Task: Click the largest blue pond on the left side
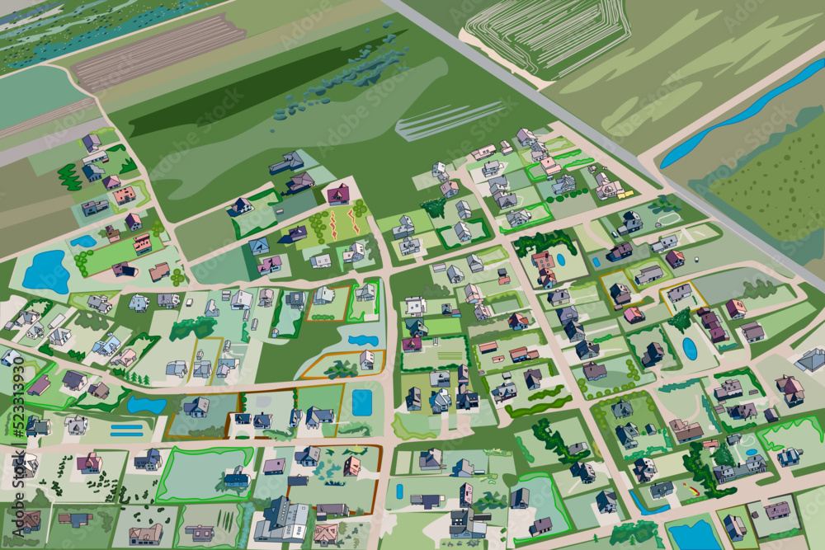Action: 45,272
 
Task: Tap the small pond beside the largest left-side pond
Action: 83,241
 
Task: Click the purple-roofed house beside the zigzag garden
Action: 338,194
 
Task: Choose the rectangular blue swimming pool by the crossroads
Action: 361,402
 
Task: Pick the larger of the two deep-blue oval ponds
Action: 690,349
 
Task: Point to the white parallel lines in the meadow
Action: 450,120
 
